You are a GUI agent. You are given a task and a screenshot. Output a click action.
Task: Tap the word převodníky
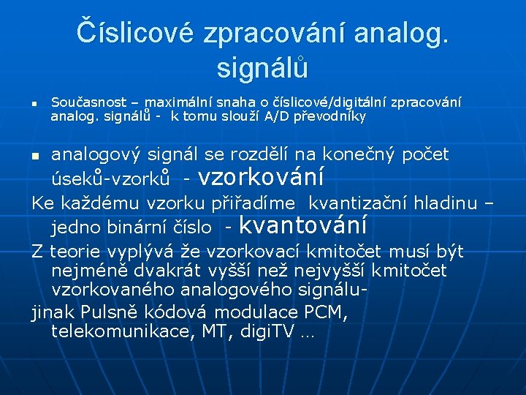[329, 116]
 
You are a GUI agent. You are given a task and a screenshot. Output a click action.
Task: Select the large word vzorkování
[261, 177]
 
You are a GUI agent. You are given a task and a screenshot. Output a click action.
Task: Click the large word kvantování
[302, 225]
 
